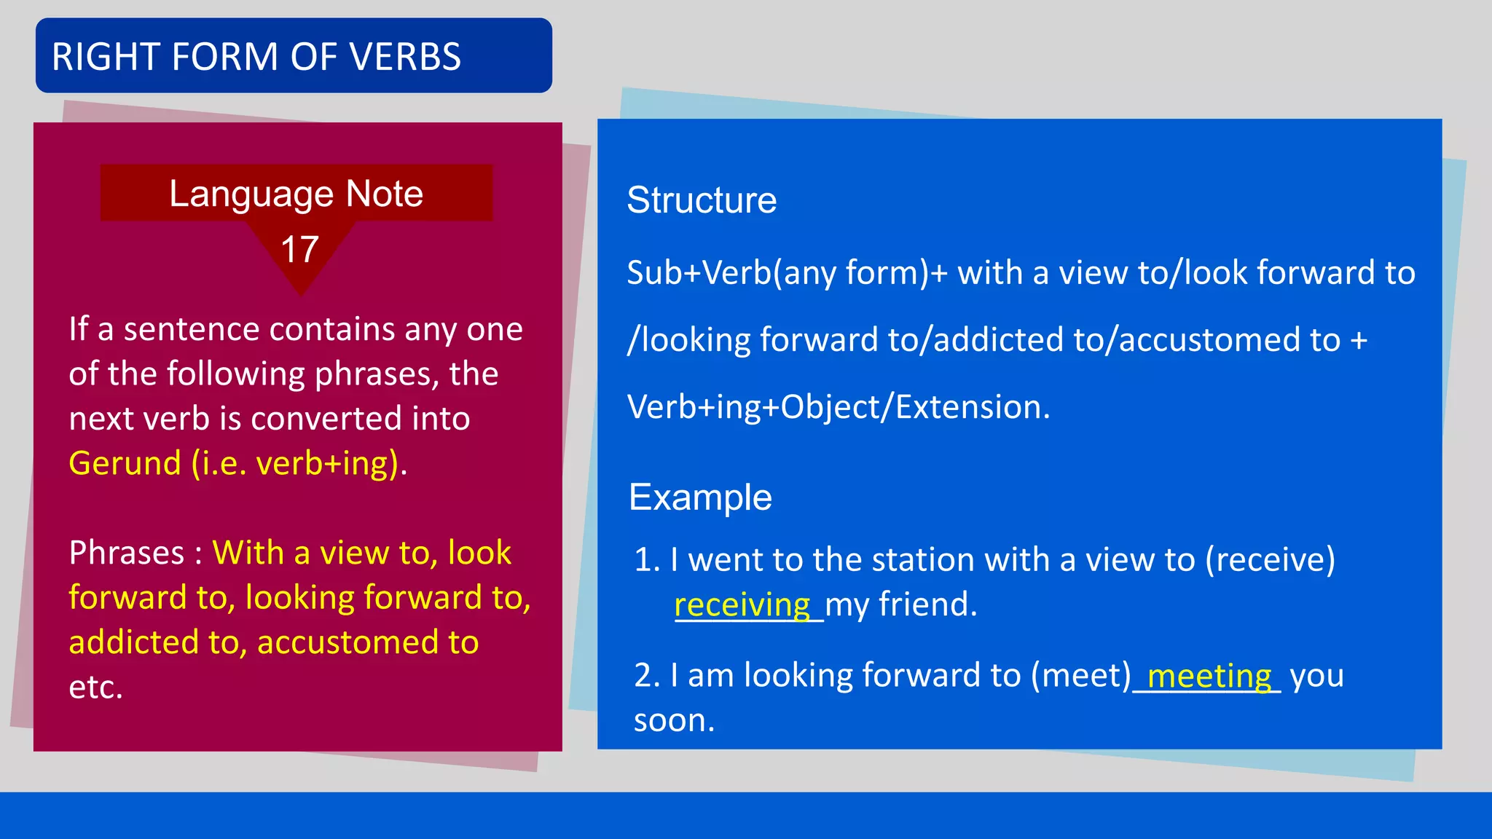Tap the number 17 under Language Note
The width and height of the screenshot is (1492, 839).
[x=299, y=250]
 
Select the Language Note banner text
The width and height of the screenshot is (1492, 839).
[x=296, y=194]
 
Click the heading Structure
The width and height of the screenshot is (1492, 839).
[x=702, y=200]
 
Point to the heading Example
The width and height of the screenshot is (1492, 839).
[x=700, y=497]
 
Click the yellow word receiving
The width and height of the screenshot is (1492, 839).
[x=742, y=605]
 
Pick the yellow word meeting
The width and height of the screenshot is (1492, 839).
[x=1209, y=676]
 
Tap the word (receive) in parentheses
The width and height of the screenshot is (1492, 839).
[x=1270, y=560]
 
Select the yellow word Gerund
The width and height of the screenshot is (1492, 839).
[x=125, y=463]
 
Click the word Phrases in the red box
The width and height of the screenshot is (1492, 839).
[x=127, y=553]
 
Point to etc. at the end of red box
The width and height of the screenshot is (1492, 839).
[x=95, y=687]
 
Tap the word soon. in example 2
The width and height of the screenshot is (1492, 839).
[x=674, y=721]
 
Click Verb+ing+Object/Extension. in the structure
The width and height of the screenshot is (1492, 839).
[x=838, y=407]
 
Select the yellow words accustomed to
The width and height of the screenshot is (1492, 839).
[x=368, y=642]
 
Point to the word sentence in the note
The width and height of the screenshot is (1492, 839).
[x=192, y=329]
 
